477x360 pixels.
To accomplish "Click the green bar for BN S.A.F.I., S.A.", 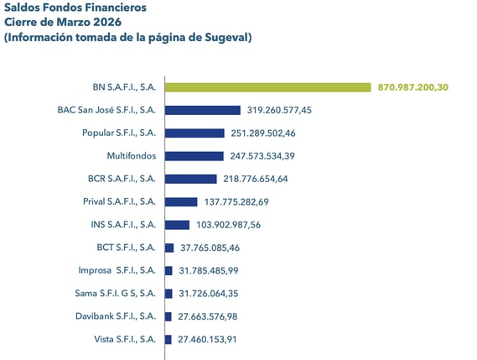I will pyautogui.click(x=267, y=87).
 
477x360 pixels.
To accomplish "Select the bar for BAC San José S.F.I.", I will pyautogui.click(x=202, y=110).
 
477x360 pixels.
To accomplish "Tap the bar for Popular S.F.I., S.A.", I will pyautogui.click(x=194, y=133).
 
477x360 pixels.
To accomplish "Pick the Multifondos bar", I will pyautogui.click(x=194, y=156).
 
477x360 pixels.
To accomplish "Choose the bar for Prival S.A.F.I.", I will pyautogui.click(x=181, y=201).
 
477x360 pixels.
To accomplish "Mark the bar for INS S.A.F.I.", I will pyautogui.click(x=177, y=224).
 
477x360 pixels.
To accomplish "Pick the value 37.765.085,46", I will pyautogui.click(x=215, y=248).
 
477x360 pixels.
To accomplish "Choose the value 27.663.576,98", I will pyautogui.click(x=215, y=316).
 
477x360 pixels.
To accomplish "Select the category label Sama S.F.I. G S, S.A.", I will pyautogui.click(x=116, y=293).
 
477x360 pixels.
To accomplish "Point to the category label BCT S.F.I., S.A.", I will pyautogui.click(x=127, y=248).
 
